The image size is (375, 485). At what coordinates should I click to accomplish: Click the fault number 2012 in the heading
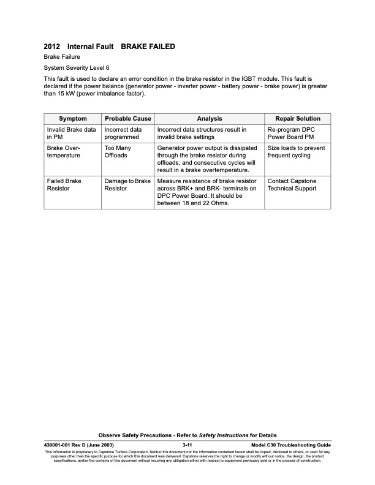click(52, 47)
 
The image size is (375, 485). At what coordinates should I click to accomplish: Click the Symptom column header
click(72, 119)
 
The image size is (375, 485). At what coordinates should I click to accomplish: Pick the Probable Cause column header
click(128, 119)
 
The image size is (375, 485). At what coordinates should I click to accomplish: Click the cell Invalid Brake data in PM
click(71, 134)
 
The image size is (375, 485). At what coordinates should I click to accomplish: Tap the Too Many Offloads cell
click(118, 152)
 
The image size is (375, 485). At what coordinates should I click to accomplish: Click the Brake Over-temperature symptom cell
click(64, 152)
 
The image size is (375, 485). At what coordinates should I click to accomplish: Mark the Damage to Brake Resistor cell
click(127, 184)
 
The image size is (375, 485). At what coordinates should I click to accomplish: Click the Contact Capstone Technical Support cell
click(292, 184)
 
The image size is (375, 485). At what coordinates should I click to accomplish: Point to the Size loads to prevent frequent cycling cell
click(296, 152)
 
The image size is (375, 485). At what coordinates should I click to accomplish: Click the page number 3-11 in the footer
click(188, 444)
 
